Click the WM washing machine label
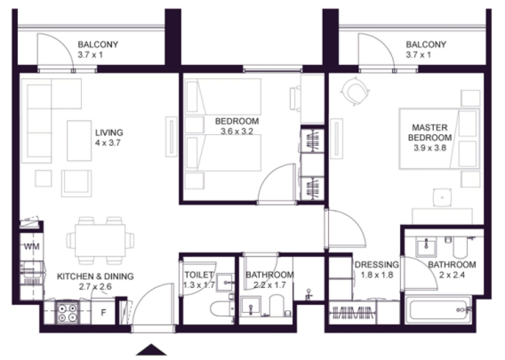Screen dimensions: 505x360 point(31,247)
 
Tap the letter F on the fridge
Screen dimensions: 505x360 point(103,313)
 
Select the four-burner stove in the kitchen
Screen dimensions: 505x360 point(67,313)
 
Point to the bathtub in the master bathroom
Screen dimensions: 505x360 point(439,310)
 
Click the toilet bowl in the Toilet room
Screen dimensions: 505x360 point(221,309)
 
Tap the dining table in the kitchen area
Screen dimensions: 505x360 point(100,240)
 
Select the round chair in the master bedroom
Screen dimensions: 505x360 point(355,91)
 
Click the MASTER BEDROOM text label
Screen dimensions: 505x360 point(430,133)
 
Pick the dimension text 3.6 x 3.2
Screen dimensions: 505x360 point(237,131)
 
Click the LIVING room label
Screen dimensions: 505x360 point(109,133)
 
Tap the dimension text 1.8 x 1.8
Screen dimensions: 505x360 point(377,275)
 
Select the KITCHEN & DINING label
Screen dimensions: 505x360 point(95,276)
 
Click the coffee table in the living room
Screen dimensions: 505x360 point(79,141)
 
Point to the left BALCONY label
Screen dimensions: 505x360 point(98,45)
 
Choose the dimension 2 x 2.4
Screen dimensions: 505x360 point(452,275)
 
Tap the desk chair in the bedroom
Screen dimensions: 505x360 point(296,99)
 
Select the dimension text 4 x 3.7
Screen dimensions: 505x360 point(108,143)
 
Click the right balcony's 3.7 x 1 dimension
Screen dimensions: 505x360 point(418,55)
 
